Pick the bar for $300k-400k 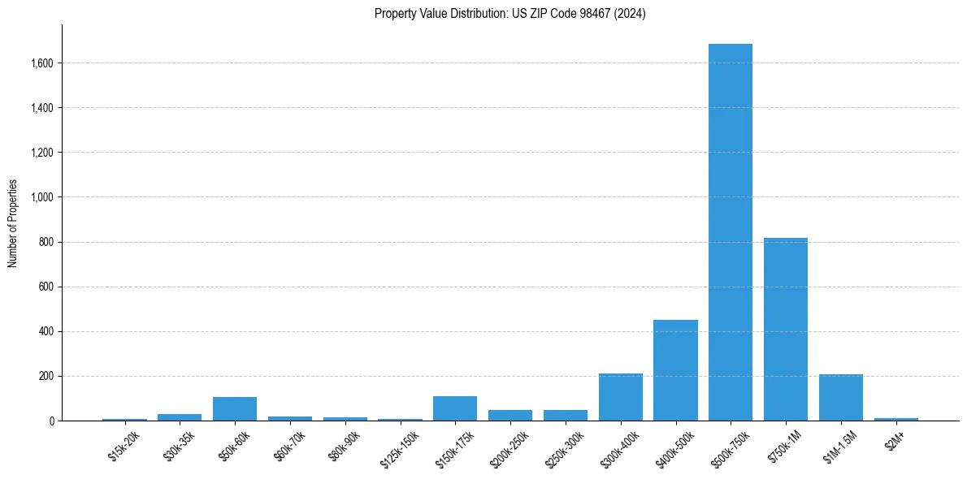(x=620, y=397)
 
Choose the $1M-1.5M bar (x=841, y=398)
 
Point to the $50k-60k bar (x=235, y=409)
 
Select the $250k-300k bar (x=565, y=416)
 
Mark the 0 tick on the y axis (x=51, y=421)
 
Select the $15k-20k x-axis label (x=123, y=445)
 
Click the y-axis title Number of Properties (x=13, y=222)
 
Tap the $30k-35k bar (x=180, y=417)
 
